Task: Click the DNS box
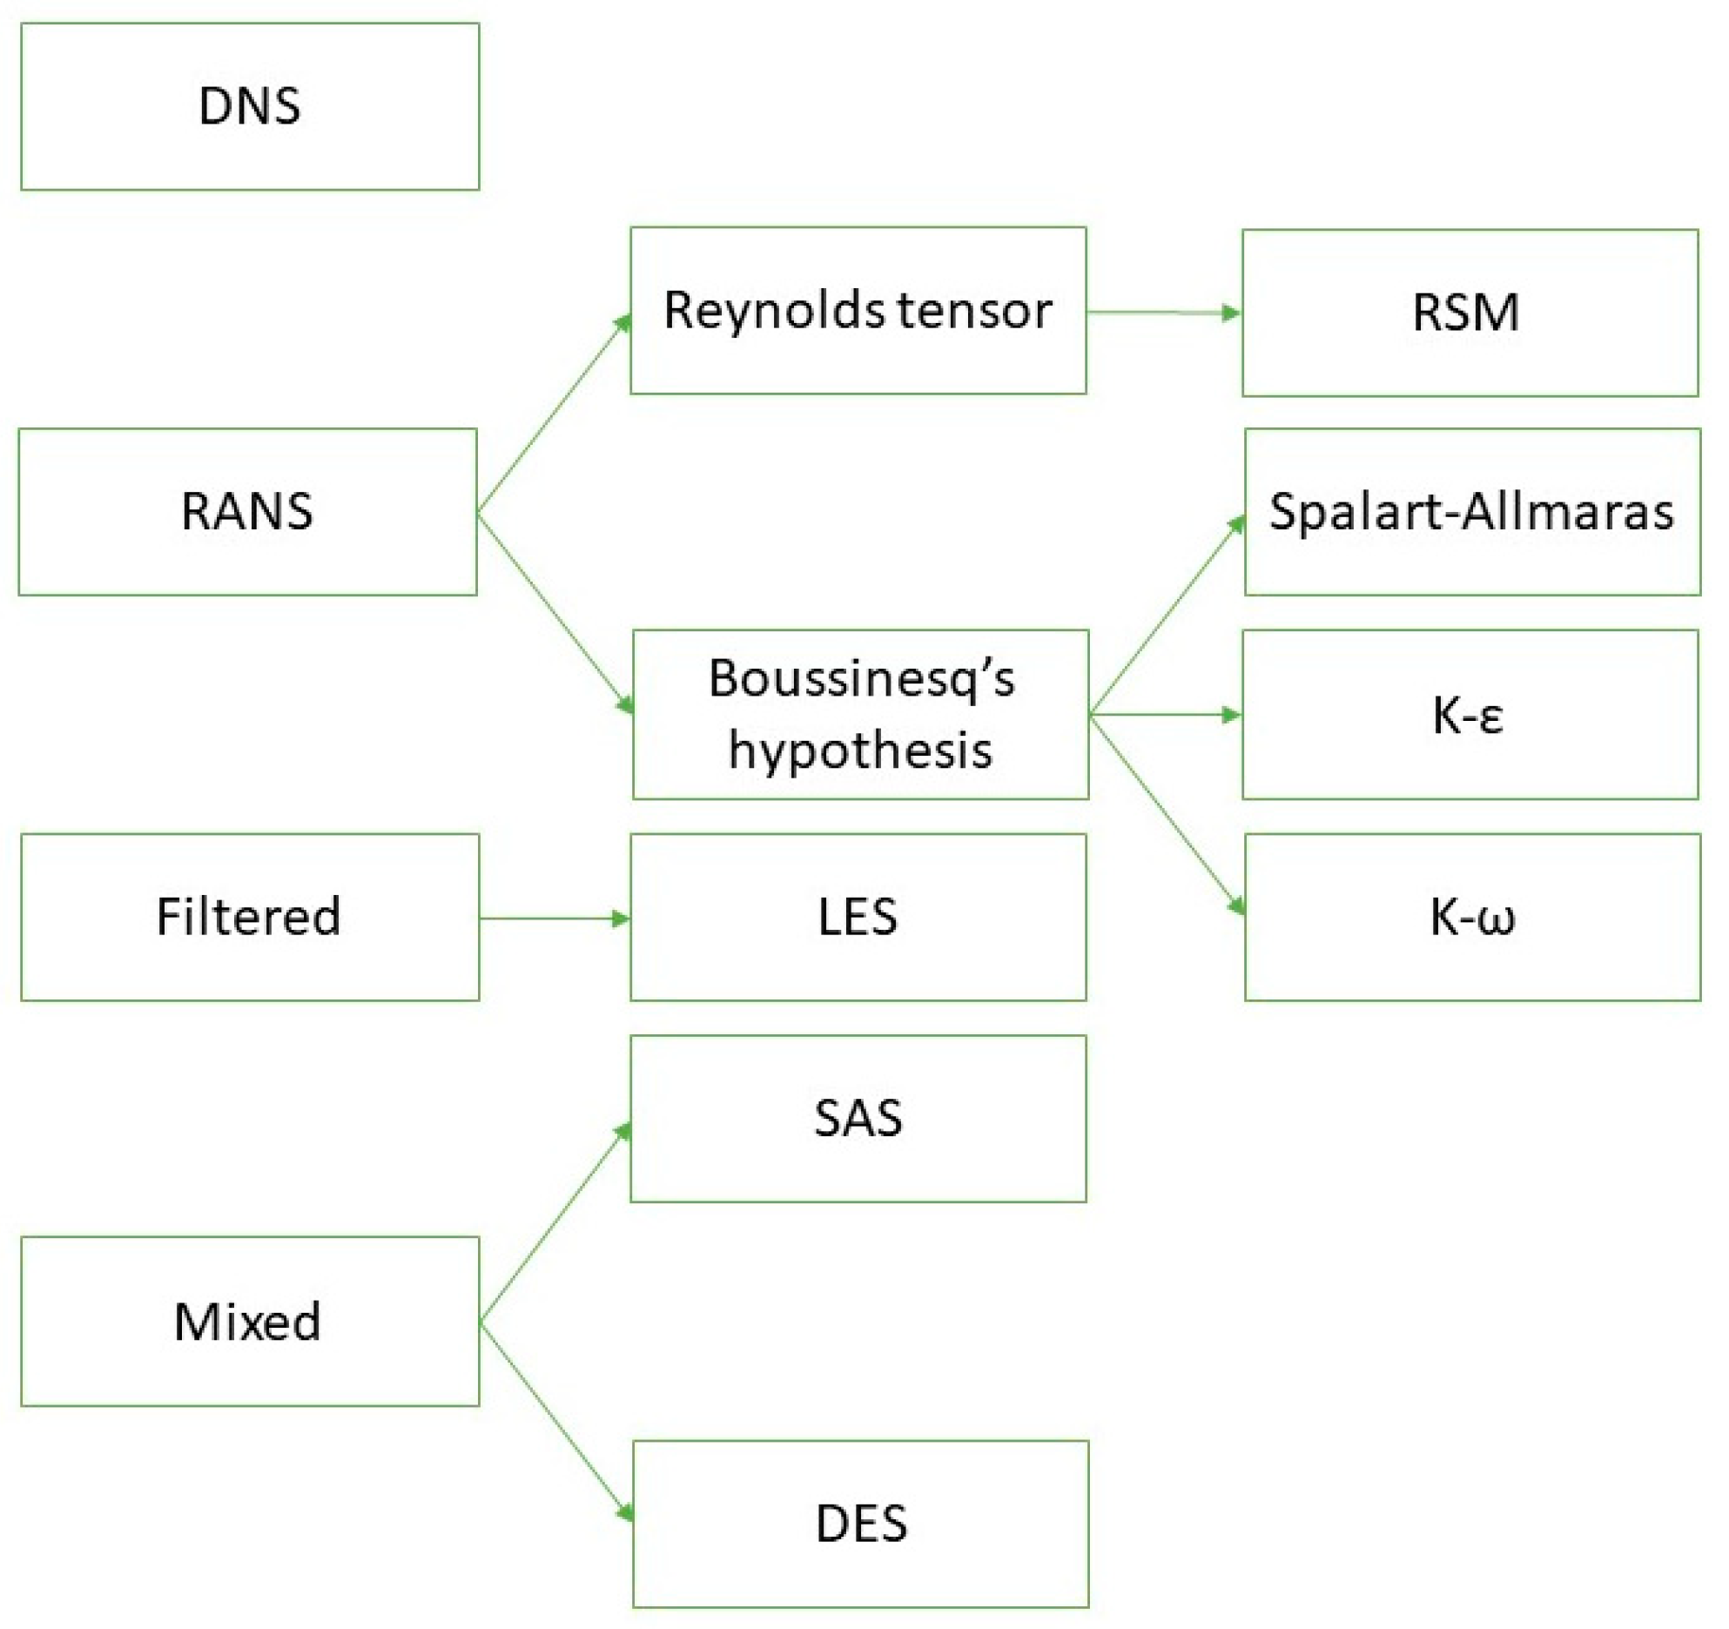250,106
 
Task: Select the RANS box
248,512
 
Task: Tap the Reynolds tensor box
858,311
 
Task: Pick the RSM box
1470,313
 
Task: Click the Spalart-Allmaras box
1473,512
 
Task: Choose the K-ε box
1470,715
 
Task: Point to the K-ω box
1473,918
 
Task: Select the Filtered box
250,918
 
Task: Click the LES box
858,918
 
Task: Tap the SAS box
858,1119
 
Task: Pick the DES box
861,1525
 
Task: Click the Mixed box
250,1322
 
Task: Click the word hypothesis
860,751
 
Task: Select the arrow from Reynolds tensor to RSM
1165,312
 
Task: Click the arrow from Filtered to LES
555,919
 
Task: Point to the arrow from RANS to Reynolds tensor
555,413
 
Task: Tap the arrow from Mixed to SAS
555,1222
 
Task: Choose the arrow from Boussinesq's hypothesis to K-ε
1166,715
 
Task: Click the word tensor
975,311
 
